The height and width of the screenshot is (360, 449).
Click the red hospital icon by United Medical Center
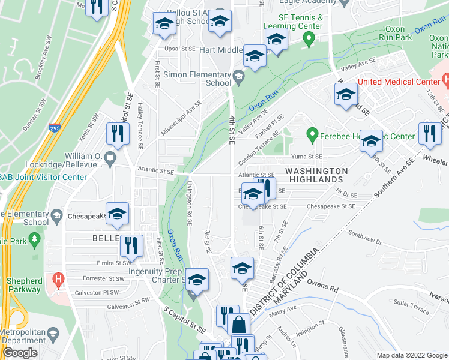tap(445, 79)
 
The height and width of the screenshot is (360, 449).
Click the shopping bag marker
tap(239, 324)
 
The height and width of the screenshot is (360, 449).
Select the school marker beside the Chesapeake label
tap(118, 214)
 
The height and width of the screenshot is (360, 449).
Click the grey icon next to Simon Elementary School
tap(239, 74)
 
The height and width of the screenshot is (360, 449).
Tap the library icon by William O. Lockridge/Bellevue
tap(110, 158)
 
